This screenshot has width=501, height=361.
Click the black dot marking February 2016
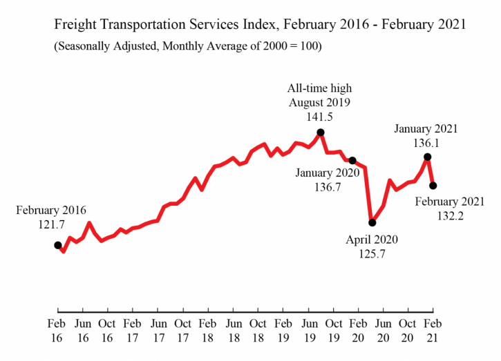(57, 244)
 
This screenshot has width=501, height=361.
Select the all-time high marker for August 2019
(321, 133)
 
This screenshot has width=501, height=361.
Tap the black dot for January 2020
(352, 160)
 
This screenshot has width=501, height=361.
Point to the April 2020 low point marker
(372, 222)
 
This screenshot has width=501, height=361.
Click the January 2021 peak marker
(428, 157)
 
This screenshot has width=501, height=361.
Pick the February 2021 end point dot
(433, 185)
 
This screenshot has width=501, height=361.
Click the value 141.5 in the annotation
(319, 117)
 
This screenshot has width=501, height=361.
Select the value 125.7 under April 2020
(371, 255)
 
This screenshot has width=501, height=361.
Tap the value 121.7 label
(57, 225)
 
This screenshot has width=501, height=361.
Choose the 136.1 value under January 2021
(426, 144)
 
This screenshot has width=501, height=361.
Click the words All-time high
(319, 88)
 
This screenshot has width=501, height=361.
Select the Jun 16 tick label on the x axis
(82, 330)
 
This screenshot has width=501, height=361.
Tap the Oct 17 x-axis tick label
(182, 330)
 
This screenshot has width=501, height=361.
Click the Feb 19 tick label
(283, 330)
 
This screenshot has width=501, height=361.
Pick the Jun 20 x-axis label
(383, 330)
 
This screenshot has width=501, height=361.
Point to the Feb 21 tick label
(433, 330)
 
